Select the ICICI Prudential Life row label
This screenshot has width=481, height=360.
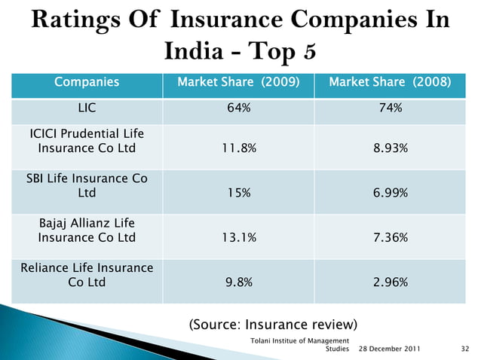(87, 141)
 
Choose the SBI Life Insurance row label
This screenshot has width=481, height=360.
(87, 185)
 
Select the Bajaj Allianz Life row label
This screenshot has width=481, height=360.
(87, 230)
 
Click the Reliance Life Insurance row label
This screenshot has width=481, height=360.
(87, 275)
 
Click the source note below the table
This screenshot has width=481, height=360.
(272, 325)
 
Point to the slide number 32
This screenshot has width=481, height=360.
(464, 349)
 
